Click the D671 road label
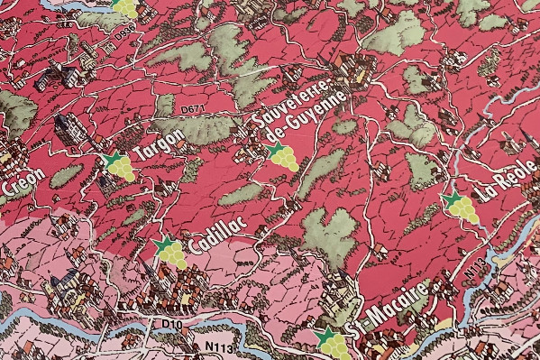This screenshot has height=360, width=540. pyautogui.click(x=191, y=109)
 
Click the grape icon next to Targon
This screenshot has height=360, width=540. pyautogui.click(x=117, y=168)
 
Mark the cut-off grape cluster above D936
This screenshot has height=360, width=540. pyautogui.click(x=126, y=7)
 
